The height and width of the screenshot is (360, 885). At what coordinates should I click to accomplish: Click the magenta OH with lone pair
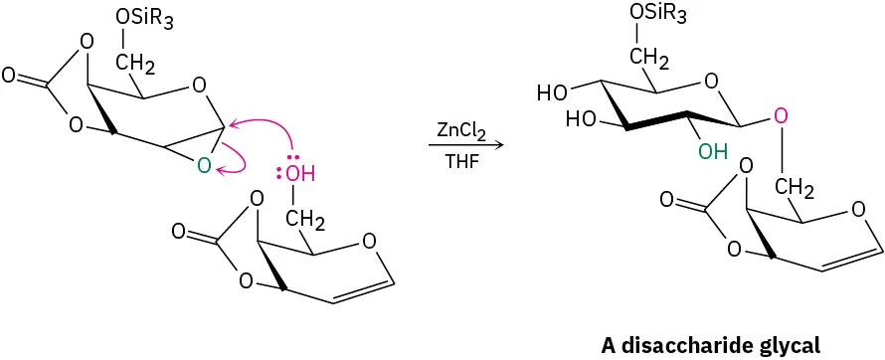click(299, 175)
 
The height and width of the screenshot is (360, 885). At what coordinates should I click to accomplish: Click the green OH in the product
click(712, 152)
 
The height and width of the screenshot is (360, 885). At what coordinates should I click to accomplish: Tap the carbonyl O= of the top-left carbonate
click(9, 75)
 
